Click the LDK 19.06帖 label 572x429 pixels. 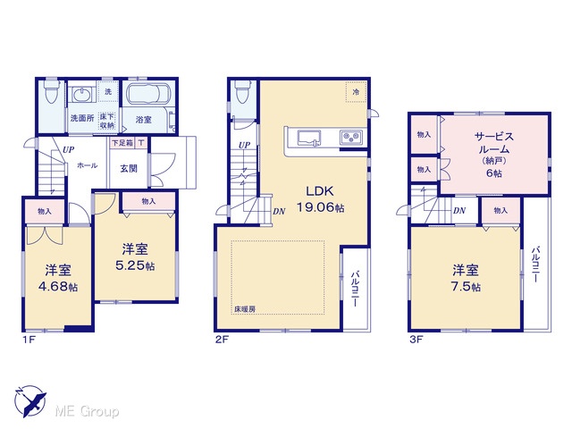[x=320, y=199]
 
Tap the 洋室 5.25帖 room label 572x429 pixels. [x=135, y=257]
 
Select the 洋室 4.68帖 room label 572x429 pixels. [x=58, y=278]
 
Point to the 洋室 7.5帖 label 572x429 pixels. [x=466, y=278]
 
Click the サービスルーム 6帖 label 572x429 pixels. [x=494, y=155]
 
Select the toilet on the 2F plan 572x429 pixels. [x=242, y=91]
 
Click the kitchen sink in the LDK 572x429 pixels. [x=309, y=139]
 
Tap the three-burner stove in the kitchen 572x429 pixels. [x=351, y=138]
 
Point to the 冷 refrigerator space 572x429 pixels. [x=356, y=92]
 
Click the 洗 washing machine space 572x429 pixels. [x=108, y=91]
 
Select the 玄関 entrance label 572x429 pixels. [x=129, y=169]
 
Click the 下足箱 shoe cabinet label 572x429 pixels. [x=122, y=143]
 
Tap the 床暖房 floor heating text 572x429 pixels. [x=245, y=309]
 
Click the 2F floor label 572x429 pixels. [x=222, y=340]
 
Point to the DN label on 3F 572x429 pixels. [x=459, y=211]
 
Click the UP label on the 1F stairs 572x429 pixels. [x=68, y=149]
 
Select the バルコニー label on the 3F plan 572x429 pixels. [x=535, y=265]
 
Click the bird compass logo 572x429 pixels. [x=30, y=401]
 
